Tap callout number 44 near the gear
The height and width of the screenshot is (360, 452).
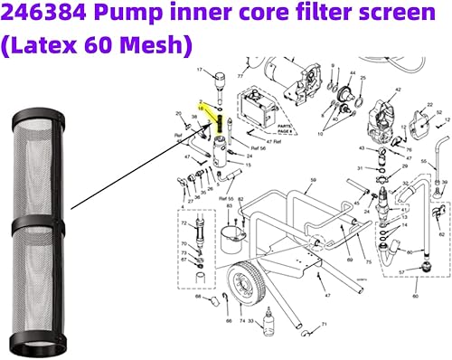point(352,72)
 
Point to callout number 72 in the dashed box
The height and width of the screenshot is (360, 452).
point(184,222)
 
